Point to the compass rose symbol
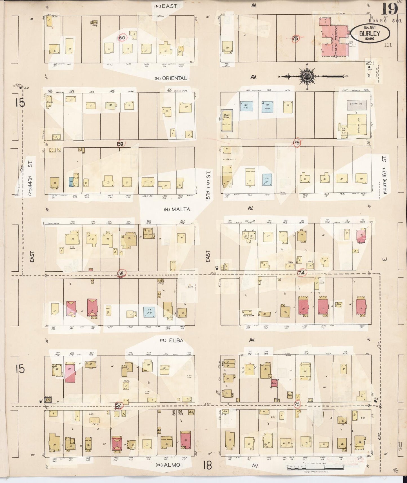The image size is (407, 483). point(306,76)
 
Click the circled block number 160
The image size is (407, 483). point(122,37)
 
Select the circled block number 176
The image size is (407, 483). point(295,39)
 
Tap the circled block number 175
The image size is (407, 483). point(296,143)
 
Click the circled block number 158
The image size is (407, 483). point(121,273)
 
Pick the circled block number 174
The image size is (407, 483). point(301,273)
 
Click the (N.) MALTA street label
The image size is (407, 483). point(177,209)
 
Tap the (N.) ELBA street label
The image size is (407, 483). point(172,340)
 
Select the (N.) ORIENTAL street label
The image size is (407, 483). point(171,78)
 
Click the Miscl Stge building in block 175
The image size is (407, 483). point(227,121)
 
